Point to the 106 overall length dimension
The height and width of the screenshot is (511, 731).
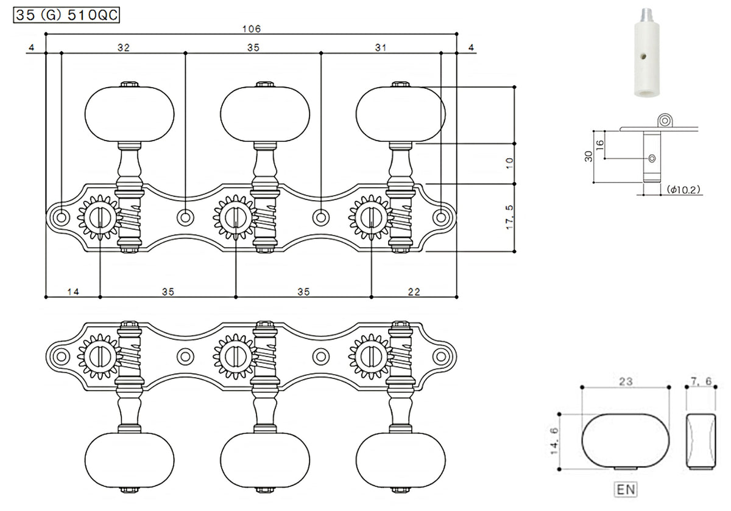pyautogui.click(x=251, y=29)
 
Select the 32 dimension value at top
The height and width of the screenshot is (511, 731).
pyautogui.click(x=124, y=49)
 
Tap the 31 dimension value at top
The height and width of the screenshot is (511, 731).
pyautogui.click(x=381, y=49)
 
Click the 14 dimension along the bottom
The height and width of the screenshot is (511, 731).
pyautogui.click(x=72, y=292)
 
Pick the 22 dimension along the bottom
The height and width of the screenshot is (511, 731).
pyautogui.click(x=414, y=292)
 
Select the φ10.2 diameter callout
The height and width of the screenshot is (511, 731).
pyautogui.click(x=683, y=190)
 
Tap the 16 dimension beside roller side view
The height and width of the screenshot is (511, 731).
pyautogui.click(x=599, y=144)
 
